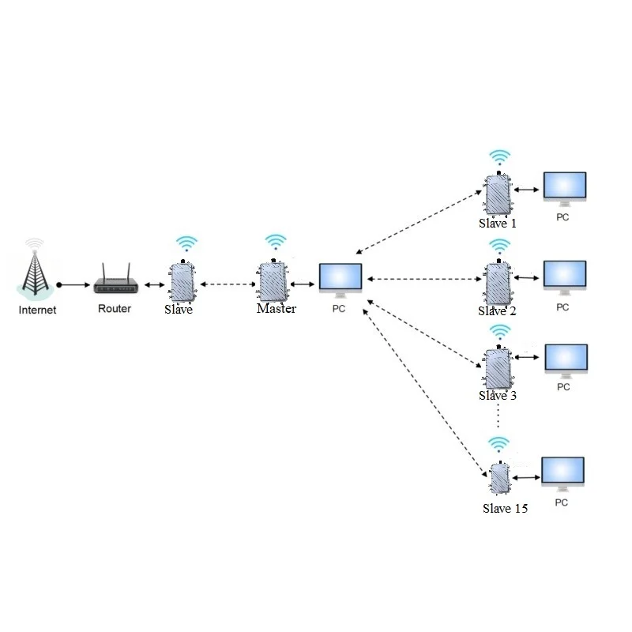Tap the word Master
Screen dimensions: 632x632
(x=276, y=309)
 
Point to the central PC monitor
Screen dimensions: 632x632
(x=340, y=279)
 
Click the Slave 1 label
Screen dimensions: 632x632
(x=498, y=224)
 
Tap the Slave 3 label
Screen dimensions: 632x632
(x=498, y=395)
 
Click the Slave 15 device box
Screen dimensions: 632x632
(x=498, y=479)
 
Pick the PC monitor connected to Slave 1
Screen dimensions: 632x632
(x=564, y=188)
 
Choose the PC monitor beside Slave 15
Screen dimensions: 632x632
(x=562, y=473)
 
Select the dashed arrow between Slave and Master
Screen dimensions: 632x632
(x=227, y=284)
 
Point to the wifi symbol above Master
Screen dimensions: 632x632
(x=275, y=241)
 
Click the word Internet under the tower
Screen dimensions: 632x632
(x=37, y=310)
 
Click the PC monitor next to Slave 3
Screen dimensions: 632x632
(x=566, y=360)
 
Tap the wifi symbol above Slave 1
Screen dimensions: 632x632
(x=498, y=156)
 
